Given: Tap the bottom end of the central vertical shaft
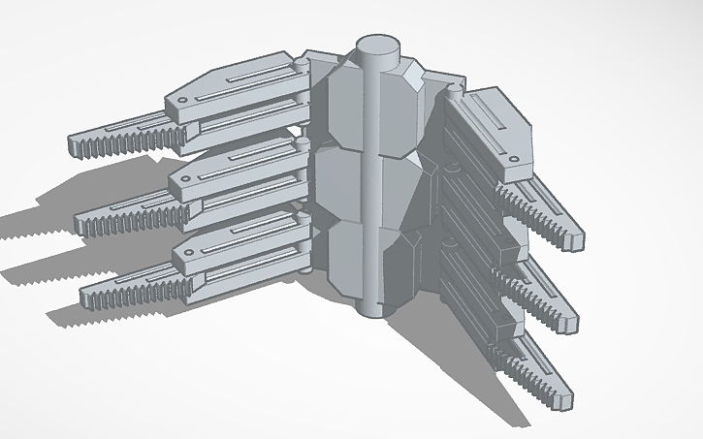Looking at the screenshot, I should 370,308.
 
